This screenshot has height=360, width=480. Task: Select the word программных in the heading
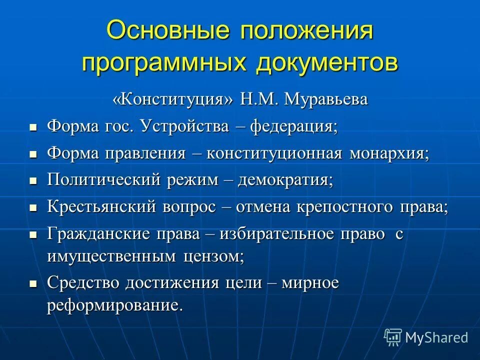[x=166, y=63]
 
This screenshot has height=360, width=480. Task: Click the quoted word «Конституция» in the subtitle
[x=165, y=99]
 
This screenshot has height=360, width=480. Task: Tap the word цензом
[x=212, y=257]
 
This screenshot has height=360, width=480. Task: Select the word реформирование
[x=114, y=305]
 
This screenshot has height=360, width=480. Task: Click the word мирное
[x=310, y=283]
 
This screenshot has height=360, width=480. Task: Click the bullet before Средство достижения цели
[x=33, y=284]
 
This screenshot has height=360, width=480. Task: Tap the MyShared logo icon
[x=392, y=337]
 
